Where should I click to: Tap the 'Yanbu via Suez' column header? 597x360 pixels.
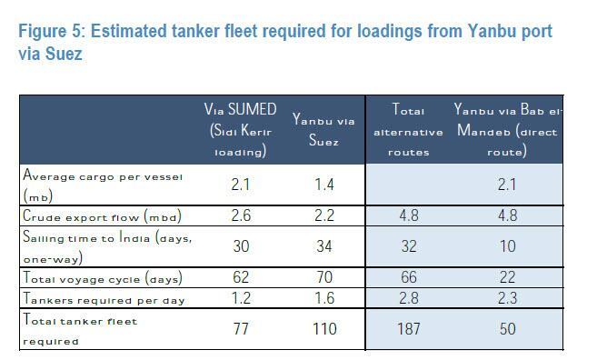coord(323,130)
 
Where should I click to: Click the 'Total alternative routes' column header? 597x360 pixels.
coord(408,130)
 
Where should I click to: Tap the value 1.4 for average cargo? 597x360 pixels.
coord(323,185)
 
